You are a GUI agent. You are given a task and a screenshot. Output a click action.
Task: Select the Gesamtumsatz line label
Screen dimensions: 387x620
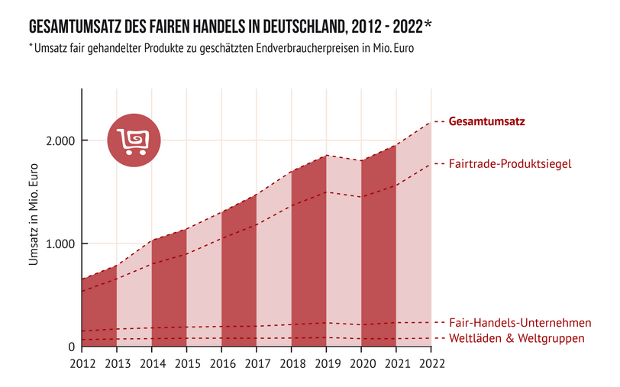487,121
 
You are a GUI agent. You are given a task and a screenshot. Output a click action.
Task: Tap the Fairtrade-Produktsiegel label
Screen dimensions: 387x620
510,163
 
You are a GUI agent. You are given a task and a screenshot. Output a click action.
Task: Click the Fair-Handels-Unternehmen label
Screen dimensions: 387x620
521,323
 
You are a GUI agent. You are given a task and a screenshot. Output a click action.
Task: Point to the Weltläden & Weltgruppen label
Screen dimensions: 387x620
518,338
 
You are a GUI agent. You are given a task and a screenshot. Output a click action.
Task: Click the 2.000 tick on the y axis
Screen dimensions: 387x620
57,141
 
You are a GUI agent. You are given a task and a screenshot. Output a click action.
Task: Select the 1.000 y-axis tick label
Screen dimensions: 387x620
57,244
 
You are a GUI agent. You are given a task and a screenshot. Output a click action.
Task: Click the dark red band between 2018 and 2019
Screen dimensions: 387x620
309,260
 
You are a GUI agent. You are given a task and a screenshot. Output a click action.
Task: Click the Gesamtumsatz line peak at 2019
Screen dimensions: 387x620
327,156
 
